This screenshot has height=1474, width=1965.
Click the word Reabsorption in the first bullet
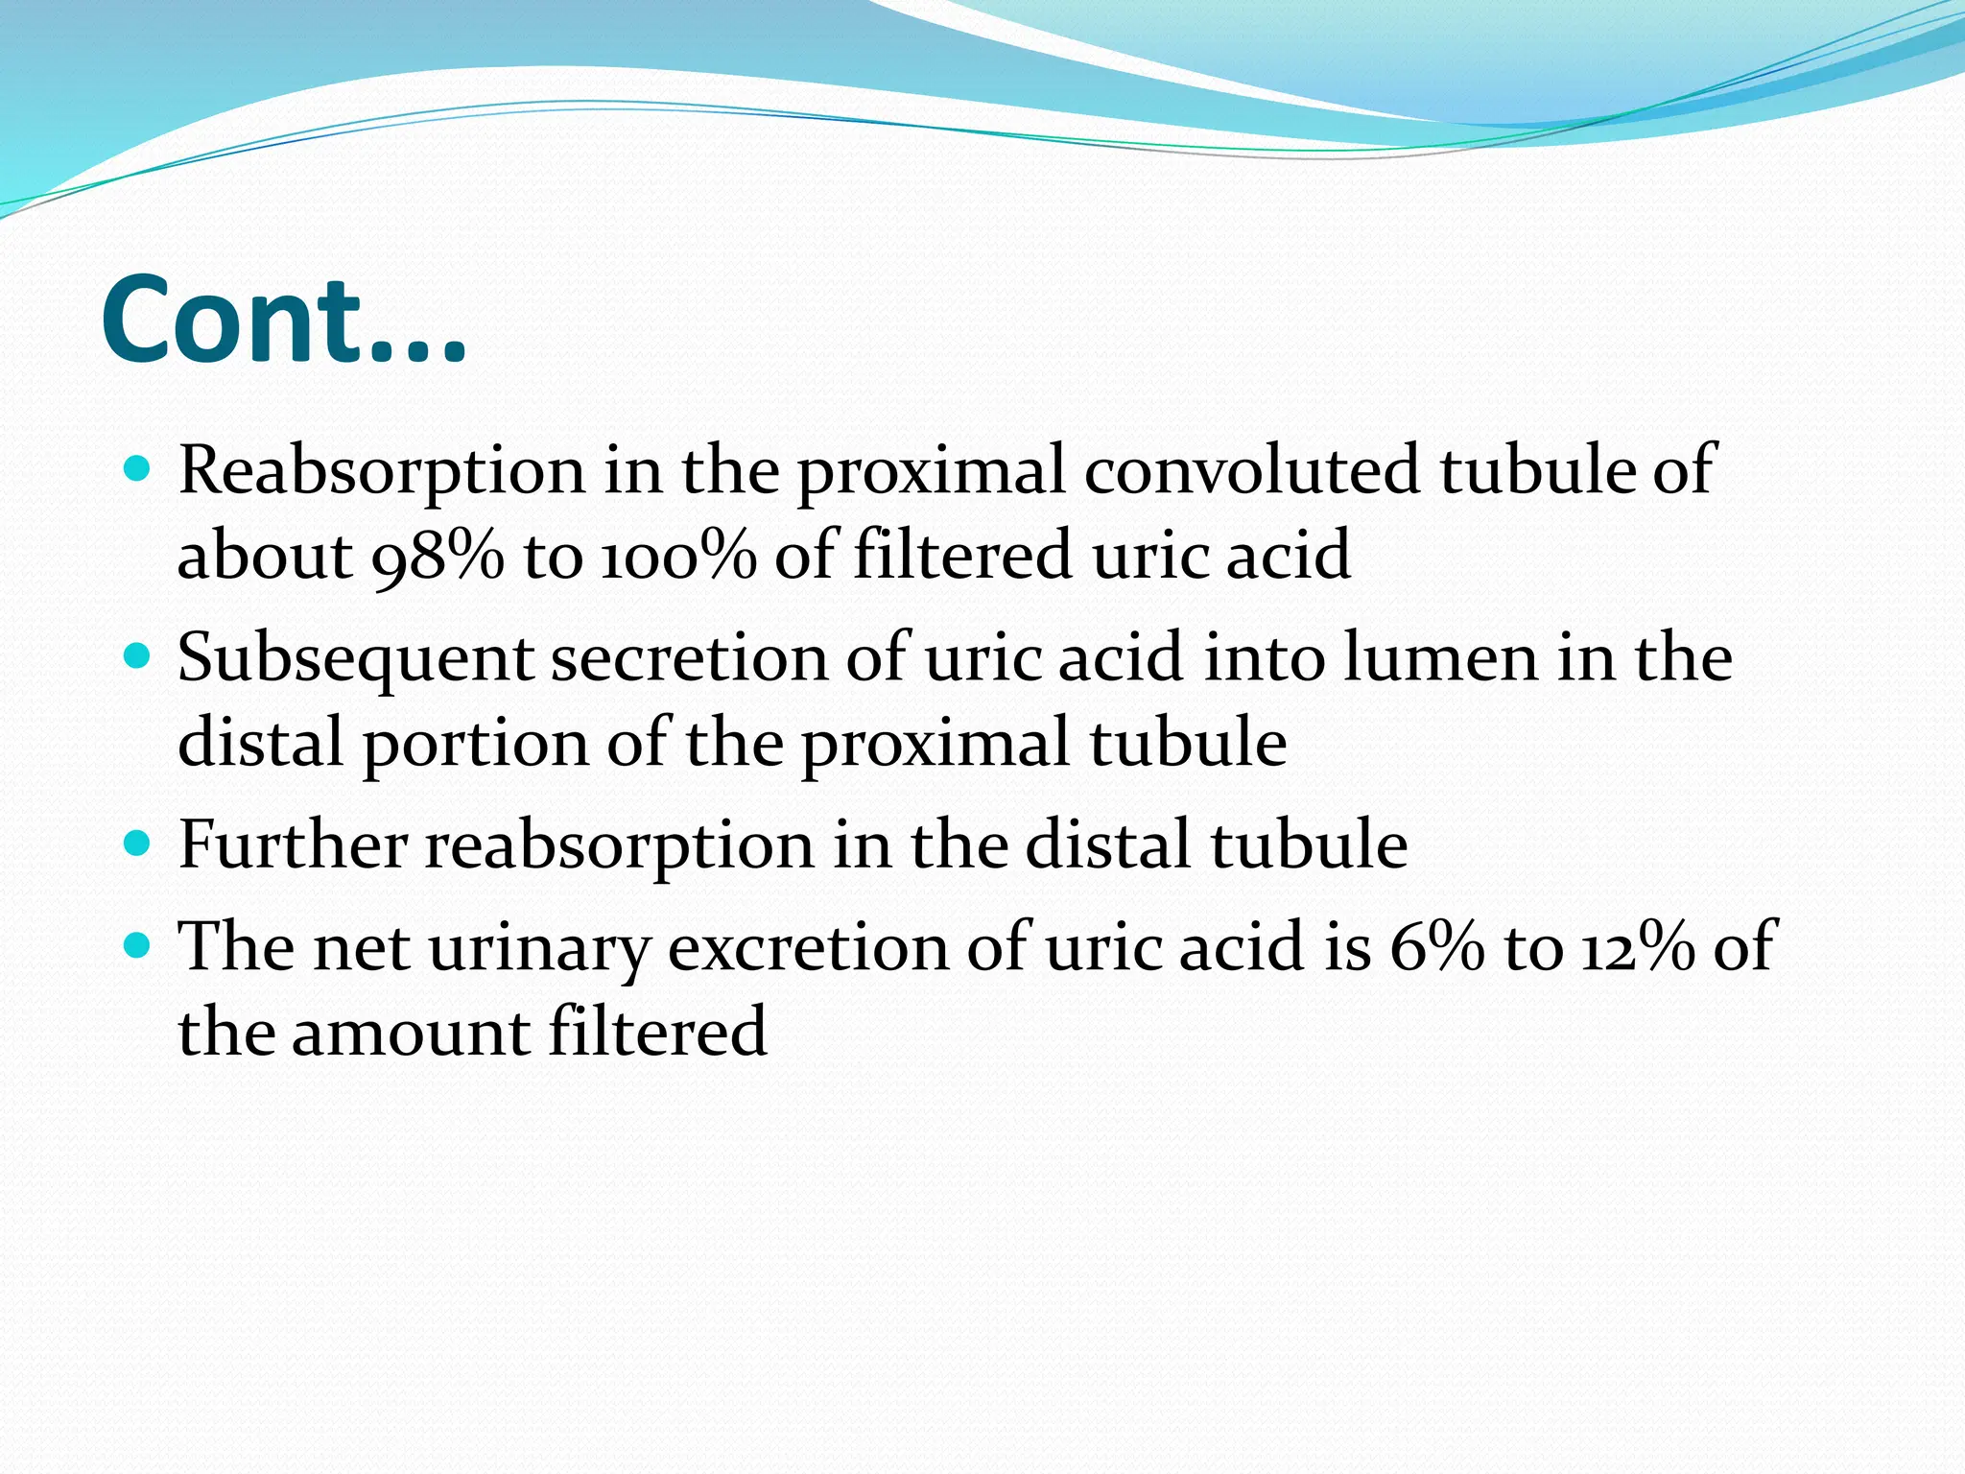coord(381,472)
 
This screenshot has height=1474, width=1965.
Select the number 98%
coord(437,556)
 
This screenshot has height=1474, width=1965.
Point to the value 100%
coord(678,556)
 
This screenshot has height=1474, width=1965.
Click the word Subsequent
coord(355,660)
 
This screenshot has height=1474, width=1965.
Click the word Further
coord(293,845)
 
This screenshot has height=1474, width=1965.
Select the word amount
coord(410,1033)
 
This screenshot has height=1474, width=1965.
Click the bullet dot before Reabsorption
coord(138,469)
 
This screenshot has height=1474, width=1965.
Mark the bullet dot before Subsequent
coord(138,656)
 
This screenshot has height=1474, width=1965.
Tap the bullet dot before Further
coord(138,844)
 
